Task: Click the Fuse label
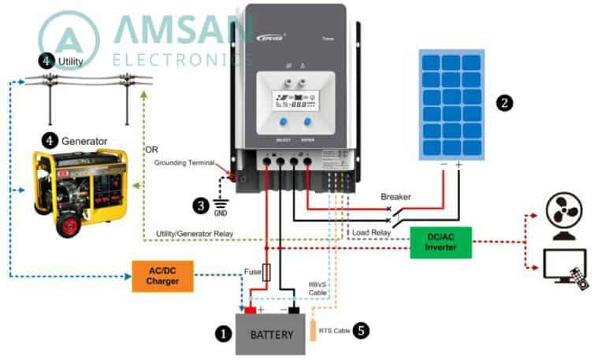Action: pos(252,272)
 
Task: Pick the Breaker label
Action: pos(396,196)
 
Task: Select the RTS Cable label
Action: pos(335,332)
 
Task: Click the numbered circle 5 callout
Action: pos(362,331)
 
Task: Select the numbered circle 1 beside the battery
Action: pos(223,334)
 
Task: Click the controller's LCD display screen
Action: pos(293,102)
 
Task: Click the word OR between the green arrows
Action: pos(153,150)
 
